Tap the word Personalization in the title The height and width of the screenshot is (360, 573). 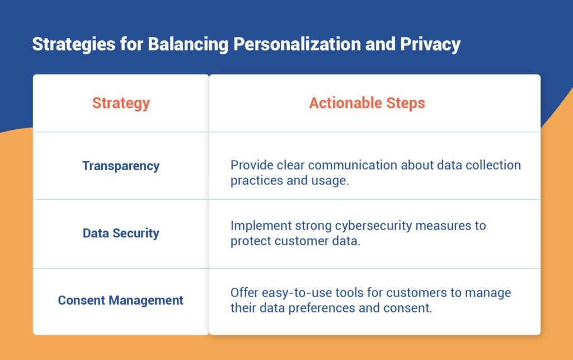click(297, 45)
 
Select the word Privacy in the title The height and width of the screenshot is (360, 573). click(431, 45)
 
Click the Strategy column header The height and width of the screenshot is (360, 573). click(121, 103)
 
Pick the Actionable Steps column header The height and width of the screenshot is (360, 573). click(367, 103)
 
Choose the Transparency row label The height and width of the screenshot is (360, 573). click(121, 166)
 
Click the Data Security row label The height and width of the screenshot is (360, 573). click(121, 233)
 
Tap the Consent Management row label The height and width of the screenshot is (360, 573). click(121, 300)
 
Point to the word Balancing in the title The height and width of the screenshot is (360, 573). click(187, 45)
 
